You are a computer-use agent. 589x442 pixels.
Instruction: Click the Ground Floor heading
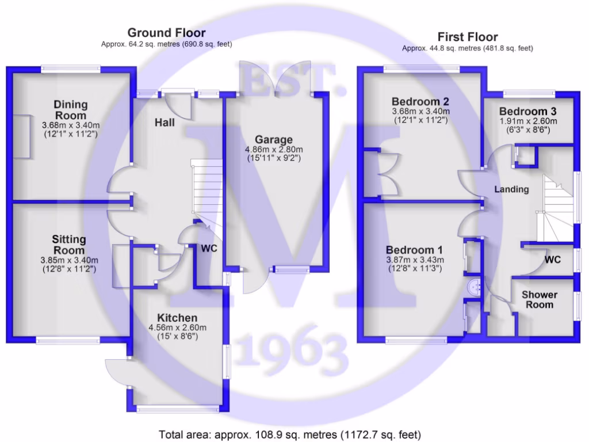tap(166, 33)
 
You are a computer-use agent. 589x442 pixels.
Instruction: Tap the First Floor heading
tap(468, 37)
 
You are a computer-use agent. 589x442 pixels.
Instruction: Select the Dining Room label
tap(71, 110)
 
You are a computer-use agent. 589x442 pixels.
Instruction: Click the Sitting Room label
tap(69, 245)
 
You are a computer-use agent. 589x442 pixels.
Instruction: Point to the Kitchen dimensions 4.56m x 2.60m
tap(177, 327)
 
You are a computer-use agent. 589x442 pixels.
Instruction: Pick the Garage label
tap(273, 139)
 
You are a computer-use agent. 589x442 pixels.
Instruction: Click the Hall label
tap(165, 123)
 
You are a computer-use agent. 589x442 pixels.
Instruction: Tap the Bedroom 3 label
tap(528, 111)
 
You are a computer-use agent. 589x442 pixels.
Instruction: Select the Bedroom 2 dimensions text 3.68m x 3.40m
tap(420, 111)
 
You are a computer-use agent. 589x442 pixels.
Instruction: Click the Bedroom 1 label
tap(414, 250)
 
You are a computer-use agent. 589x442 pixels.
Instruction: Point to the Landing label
tap(511, 189)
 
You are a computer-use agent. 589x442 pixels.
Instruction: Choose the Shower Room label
tap(540, 299)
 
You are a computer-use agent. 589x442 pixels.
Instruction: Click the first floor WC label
tap(552, 260)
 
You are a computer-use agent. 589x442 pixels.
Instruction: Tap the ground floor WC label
tap(209, 249)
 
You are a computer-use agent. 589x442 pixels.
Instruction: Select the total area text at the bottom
tap(290, 435)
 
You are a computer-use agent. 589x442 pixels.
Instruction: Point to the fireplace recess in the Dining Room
tap(22, 136)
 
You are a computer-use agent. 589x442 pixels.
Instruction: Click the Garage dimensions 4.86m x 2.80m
tap(274, 149)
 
